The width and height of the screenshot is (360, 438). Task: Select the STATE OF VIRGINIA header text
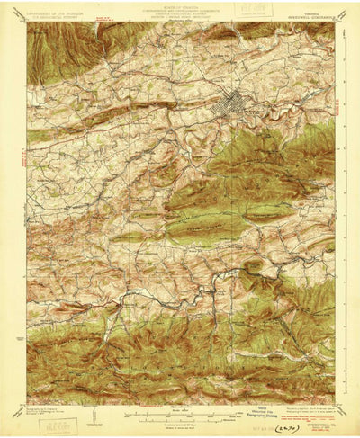click(x=179, y=7)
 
